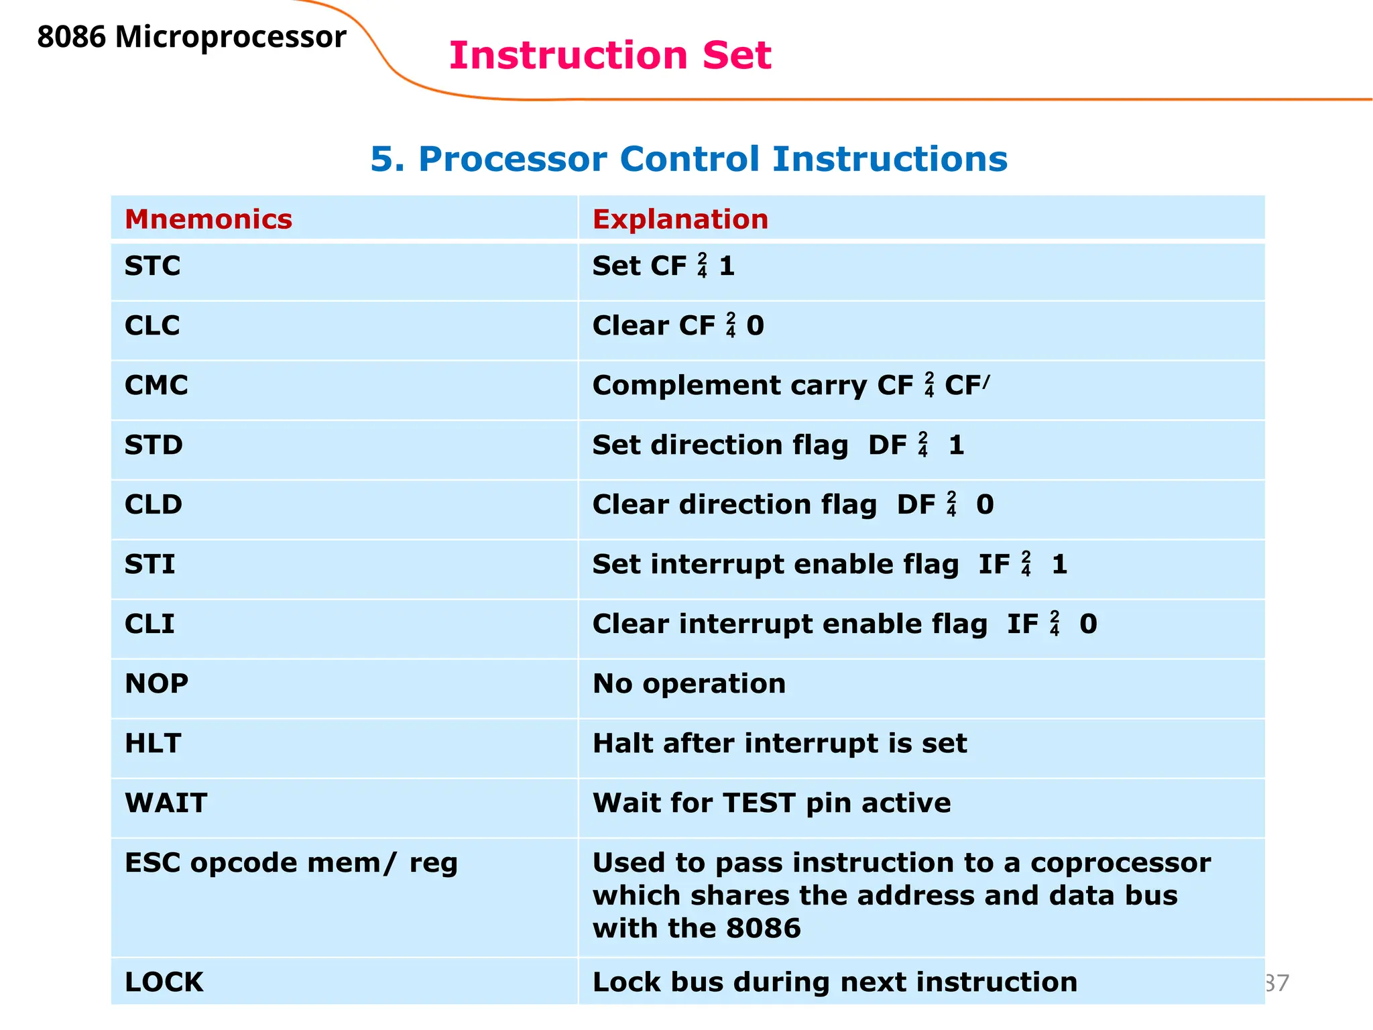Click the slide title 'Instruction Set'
point(609,55)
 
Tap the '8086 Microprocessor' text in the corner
point(192,37)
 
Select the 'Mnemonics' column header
point(208,219)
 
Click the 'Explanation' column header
point(680,219)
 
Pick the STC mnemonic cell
point(152,266)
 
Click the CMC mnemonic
point(156,386)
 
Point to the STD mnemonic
point(154,445)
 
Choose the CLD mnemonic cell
point(154,505)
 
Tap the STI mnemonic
point(150,565)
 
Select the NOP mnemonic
point(156,684)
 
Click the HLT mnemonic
point(153,744)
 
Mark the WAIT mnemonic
point(166,803)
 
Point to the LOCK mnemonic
point(164,982)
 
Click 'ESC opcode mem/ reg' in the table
point(291,863)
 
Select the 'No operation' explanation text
point(689,684)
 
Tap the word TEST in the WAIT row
point(759,803)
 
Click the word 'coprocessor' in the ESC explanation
point(1120,863)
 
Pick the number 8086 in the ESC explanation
point(763,929)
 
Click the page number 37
point(1277,983)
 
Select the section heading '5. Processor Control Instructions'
point(689,159)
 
